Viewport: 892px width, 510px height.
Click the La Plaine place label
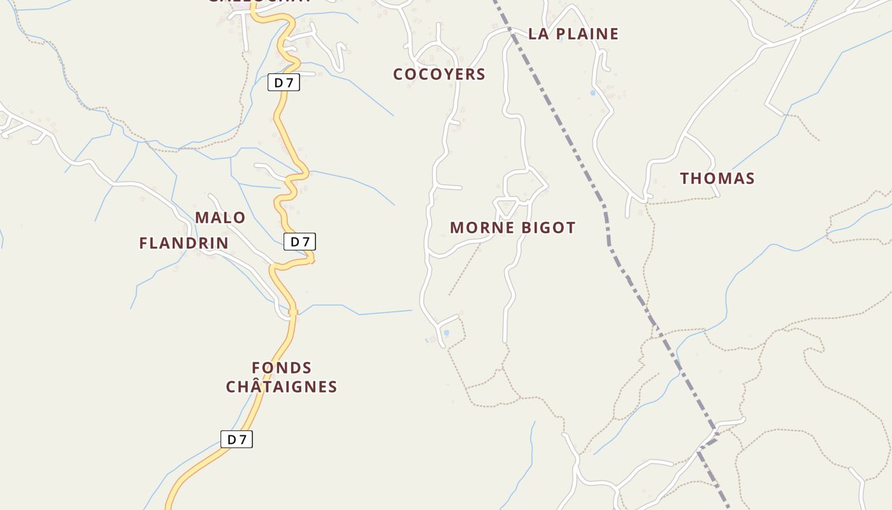click(573, 34)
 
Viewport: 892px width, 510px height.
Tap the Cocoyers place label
click(439, 74)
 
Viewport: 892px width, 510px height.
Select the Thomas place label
click(717, 178)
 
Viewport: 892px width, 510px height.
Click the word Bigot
click(549, 228)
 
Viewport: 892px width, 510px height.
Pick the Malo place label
click(220, 218)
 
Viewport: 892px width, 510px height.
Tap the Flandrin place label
click(183, 243)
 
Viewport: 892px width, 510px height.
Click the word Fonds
click(282, 368)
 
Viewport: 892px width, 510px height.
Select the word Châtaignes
click(282, 387)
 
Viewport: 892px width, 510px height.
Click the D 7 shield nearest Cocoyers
click(284, 82)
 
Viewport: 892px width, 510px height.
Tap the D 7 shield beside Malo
click(299, 242)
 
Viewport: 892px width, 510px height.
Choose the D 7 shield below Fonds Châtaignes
click(236, 439)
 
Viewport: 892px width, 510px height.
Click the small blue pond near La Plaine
click(593, 93)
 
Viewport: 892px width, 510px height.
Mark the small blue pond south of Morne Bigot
click(446, 333)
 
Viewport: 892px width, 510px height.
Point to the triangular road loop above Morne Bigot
click(506, 206)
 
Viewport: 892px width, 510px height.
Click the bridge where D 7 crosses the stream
click(293, 312)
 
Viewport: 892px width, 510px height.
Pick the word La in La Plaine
click(539, 34)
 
